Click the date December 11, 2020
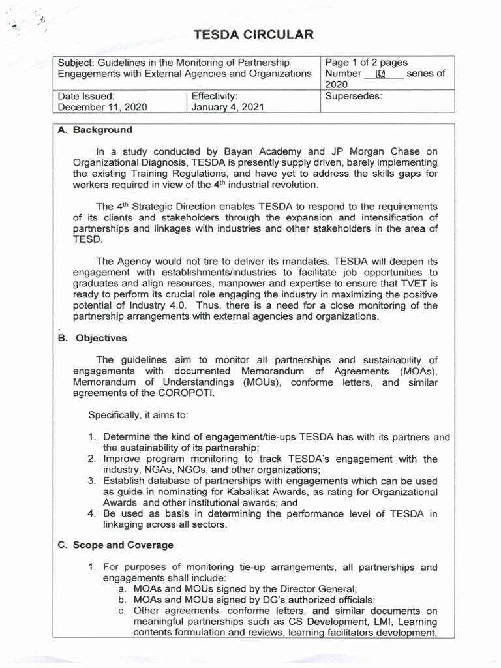tap(102, 107)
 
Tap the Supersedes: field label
tap(353, 95)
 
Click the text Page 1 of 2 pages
tap(366, 63)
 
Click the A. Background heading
tap(95, 130)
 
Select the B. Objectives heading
tap(92, 338)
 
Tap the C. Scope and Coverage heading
tap(115, 545)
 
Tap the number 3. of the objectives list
tap(93, 481)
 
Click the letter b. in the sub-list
tap(122, 600)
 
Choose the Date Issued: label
tap(86, 95)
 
